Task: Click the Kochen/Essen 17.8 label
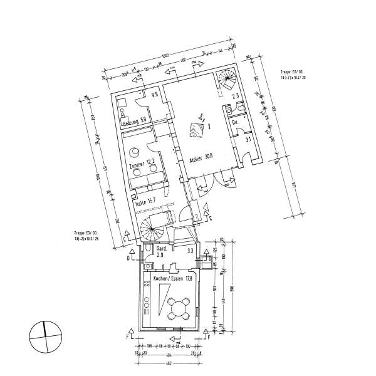[168, 276]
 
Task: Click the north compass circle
[45, 338]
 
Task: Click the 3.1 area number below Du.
[248, 139]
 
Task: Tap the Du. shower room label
[235, 122]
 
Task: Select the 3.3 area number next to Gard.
[190, 251]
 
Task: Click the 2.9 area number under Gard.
[160, 256]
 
